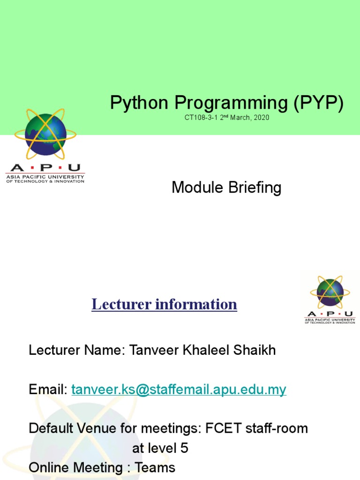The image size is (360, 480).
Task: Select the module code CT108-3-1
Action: (201, 118)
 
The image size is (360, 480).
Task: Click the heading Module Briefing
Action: (226, 187)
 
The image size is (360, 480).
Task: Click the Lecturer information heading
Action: (164, 304)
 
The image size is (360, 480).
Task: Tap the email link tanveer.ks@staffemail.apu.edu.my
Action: (179, 390)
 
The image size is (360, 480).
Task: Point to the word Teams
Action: (155, 467)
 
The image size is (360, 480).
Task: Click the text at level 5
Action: (160, 448)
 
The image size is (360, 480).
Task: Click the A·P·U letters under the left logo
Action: (45, 168)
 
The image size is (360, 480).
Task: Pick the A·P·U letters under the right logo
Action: (330, 314)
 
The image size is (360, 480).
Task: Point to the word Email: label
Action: (49, 390)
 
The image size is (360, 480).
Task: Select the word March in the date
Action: (240, 118)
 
